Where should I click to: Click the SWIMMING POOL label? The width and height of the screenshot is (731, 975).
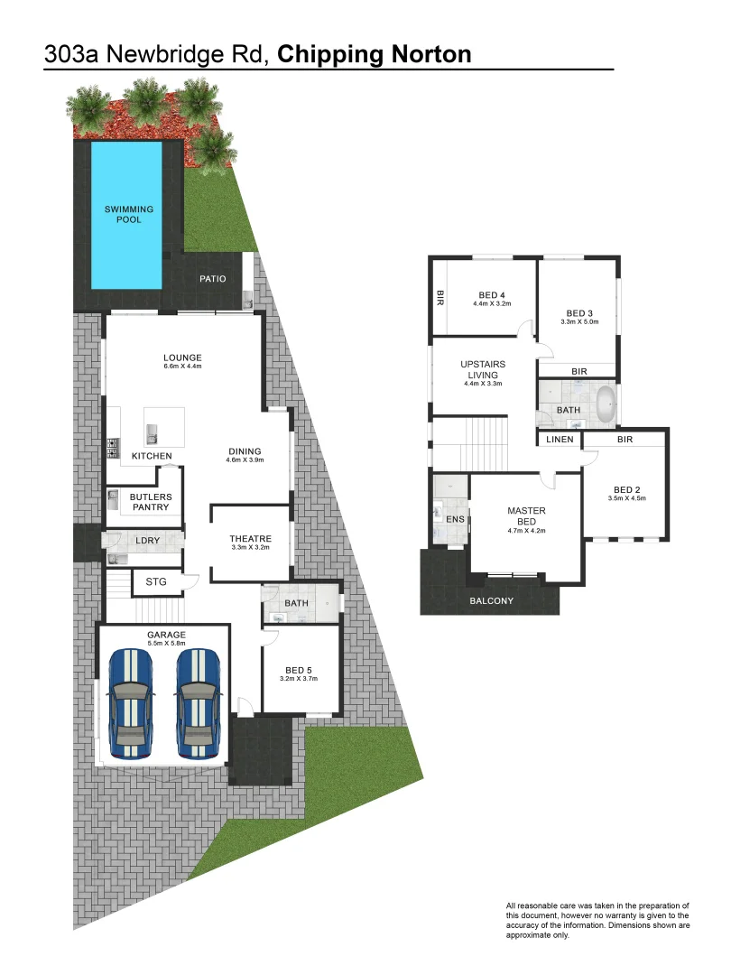point(129,214)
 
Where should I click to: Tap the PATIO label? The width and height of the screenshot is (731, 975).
point(213,279)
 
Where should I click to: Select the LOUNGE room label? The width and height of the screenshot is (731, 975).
point(182,357)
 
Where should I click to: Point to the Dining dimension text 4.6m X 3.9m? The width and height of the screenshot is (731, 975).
point(245,460)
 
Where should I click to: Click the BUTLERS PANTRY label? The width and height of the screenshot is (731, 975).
point(150,502)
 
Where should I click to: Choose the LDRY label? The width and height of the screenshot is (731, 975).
point(148,541)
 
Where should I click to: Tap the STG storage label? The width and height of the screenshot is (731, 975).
point(156,582)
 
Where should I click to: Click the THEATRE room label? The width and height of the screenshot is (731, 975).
point(250,539)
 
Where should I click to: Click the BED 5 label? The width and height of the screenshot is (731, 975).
point(299,670)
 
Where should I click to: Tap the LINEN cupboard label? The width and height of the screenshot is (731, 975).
point(560,440)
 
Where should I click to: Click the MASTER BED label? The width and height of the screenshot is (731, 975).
point(526,516)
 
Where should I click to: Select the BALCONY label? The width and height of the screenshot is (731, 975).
point(491,601)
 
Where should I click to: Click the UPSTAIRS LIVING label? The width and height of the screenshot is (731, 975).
point(483,369)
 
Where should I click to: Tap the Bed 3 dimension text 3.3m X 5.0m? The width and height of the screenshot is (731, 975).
point(578,321)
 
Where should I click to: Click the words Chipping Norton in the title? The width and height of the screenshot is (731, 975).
point(375,54)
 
